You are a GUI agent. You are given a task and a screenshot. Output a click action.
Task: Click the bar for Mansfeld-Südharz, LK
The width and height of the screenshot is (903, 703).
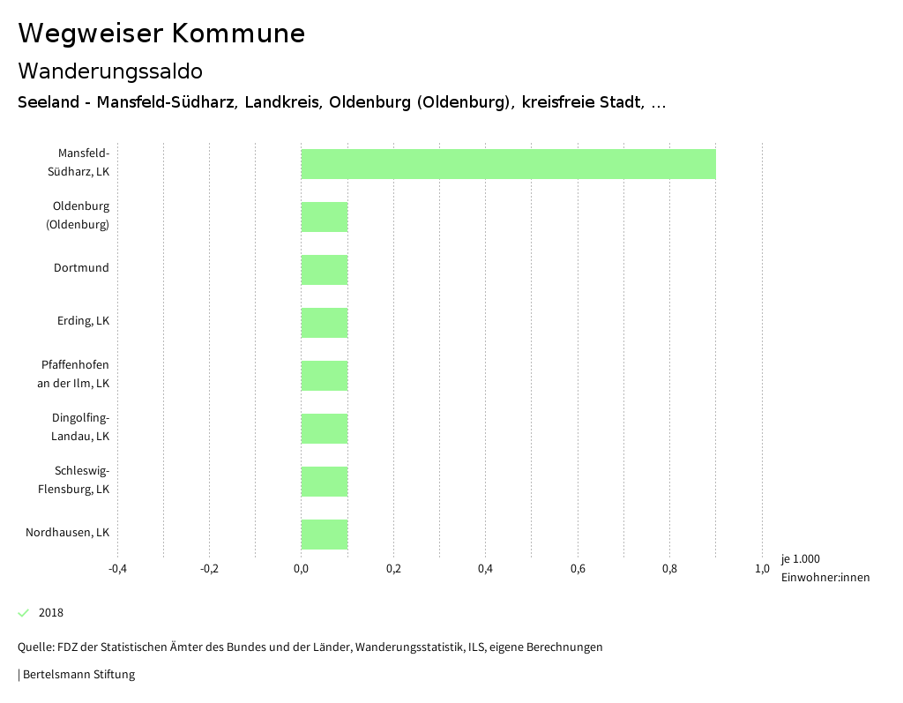pyautogui.click(x=508, y=164)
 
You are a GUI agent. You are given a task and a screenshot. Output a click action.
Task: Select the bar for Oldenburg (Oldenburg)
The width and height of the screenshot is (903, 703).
pyautogui.click(x=325, y=217)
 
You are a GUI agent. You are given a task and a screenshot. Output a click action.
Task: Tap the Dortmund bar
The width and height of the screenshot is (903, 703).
pyautogui.click(x=325, y=270)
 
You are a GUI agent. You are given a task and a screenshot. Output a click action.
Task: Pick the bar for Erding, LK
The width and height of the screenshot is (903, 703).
pyautogui.click(x=325, y=323)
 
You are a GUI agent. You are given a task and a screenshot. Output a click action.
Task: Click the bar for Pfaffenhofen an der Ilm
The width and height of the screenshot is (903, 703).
pyautogui.click(x=325, y=376)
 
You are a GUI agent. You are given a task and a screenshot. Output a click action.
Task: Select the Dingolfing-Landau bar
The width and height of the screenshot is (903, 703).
pyautogui.click(x=325, y=429)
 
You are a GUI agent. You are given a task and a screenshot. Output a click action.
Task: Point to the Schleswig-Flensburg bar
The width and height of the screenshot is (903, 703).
pyautogui.click(x=325, y=482)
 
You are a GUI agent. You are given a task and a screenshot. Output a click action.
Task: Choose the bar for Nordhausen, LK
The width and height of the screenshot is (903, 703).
pyautogui.click(x=325, y=535)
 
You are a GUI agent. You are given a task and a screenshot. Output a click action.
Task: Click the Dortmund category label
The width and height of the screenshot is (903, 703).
pyautogui.click(x=81, y=268)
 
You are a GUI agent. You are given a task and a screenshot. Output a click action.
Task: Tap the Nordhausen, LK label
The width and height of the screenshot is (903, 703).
pyautogui.click(x=67, y=533)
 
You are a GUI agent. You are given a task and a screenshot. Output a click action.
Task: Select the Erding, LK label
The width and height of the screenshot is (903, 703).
pyautogui.click(x=83, y=321)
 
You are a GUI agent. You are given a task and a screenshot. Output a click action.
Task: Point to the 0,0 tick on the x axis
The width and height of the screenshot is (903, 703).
pyautogui.click(x=301, y=569)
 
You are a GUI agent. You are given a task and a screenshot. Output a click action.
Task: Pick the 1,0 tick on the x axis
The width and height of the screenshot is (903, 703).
pyautogui.click(x=762, y=569)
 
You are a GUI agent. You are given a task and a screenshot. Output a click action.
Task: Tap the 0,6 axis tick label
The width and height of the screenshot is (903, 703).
pyautogui.click(x=578, y=569)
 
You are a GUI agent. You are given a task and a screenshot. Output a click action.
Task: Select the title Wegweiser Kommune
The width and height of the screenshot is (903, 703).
pyautogui.click(x=161, y=34)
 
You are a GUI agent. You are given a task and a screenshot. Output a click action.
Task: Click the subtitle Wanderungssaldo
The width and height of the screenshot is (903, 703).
pyautogui.click(x=110, y=71)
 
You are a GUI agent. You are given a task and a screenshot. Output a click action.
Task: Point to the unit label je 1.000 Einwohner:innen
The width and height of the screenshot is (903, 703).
pyautogui.click(x=825, y=568)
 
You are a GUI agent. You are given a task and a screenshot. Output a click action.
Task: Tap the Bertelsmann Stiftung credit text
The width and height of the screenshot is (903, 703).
pyautogui.click(x=78, y=675)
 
